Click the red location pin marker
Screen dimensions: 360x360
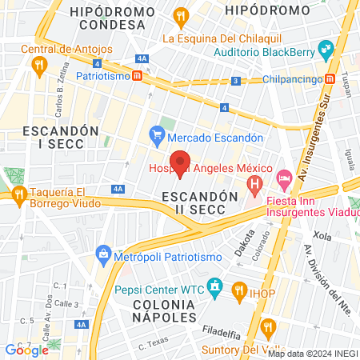(180, 162)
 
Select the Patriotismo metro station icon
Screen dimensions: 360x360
(138, 76)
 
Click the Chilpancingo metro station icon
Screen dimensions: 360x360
(330, 79)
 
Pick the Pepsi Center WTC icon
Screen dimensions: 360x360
(214, 286)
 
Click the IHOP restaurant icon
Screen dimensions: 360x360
(238, 290)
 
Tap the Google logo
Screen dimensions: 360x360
(26, 350)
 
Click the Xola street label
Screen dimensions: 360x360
(322, 237)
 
